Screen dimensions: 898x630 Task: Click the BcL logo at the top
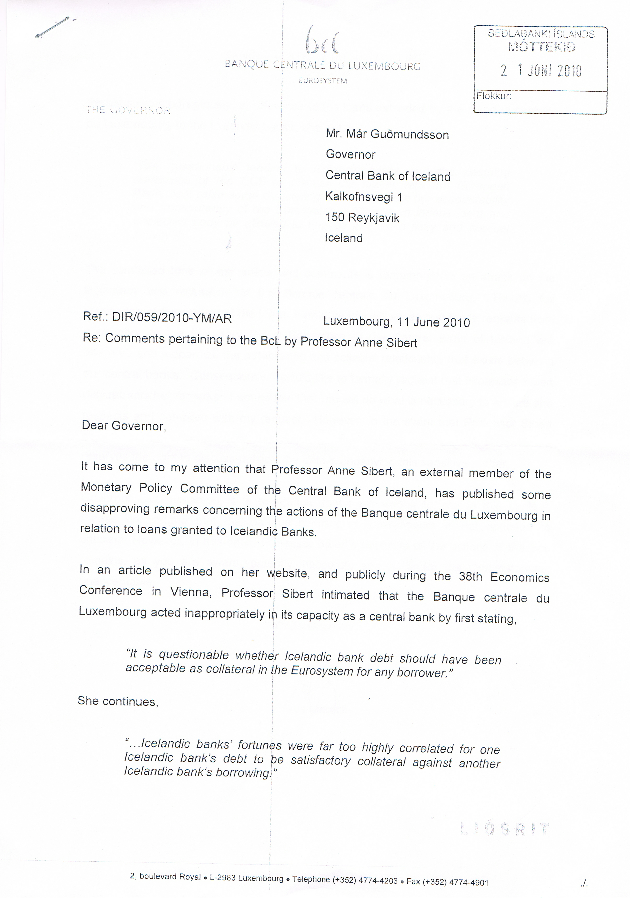point(322,40)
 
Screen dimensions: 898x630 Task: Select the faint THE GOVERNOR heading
point(128,110)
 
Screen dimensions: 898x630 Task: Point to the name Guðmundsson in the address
point(409,135)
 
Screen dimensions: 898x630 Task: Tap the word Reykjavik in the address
point(374,218)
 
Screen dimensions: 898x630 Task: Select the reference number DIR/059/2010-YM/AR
point(172,318)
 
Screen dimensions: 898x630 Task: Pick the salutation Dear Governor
point(124,426)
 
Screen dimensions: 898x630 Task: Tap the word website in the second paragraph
point(287,573)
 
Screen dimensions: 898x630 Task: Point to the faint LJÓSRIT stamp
point(505,829)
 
